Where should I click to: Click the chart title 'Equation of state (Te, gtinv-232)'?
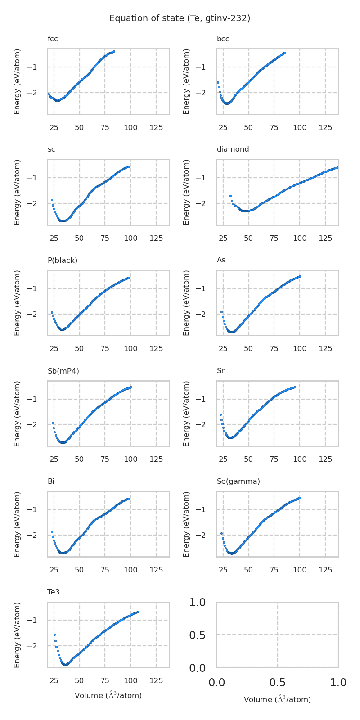[x=180, y=18]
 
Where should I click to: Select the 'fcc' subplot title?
[x=53, y=39]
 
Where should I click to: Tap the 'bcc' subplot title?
[x=223, y=39]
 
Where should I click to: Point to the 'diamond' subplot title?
[x=233, y=149]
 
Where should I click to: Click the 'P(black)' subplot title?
[x=63, y=260]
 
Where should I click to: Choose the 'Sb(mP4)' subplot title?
[x=63, y=371]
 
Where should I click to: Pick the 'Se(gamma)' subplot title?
[x=238, y=481]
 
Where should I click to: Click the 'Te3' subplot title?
[x=54, y=592]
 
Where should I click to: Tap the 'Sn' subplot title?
[x=221, y=371]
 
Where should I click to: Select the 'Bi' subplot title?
[x=51, y=481]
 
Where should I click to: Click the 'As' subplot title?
[x=221, y=260]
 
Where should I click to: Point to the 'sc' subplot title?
[x=51, y=149]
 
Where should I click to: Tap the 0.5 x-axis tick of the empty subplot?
[x=277, y=683]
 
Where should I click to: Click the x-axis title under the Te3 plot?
[x=108, y=695]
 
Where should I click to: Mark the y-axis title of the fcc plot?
[x=18, y=81]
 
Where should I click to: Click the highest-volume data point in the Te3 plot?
[x=138, y=612]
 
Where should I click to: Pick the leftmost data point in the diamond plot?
[x=230, y=196]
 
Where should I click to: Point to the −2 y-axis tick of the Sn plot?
[x=210, y=424]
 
